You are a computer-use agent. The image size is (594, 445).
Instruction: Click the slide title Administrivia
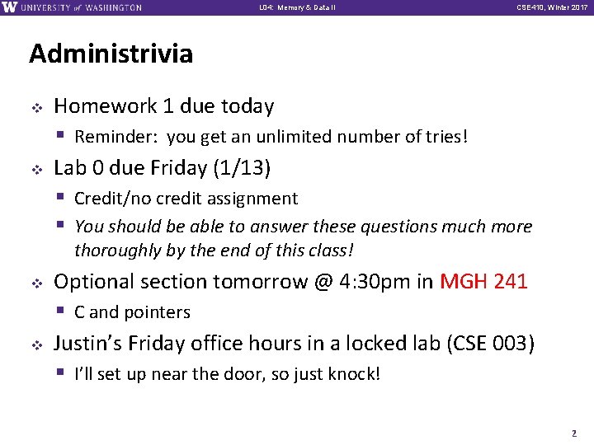pos(111,54)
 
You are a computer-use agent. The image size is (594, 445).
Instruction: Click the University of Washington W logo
pos(10,7)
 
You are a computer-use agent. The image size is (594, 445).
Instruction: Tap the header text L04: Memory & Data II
pos(297,8)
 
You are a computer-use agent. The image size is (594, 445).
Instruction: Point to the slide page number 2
pos(573,432)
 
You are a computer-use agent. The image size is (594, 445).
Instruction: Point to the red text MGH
pos(464,282)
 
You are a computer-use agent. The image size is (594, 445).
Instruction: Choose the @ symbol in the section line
pos(321,282)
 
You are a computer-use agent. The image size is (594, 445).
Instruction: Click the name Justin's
pos(87,344)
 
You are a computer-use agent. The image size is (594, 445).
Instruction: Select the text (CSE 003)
pos(490,344)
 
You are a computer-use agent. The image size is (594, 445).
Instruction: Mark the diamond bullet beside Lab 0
pos(35,169)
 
